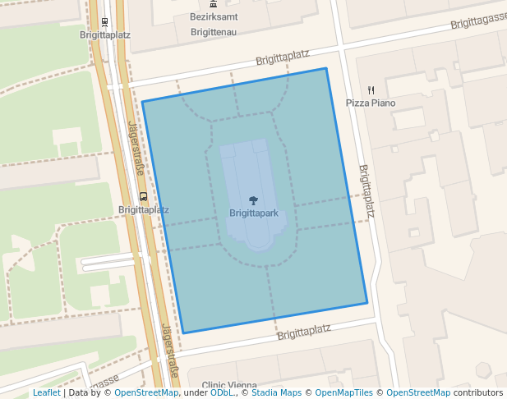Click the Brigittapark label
coord(254,213)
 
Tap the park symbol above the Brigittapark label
coord(254,200)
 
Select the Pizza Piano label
coord(370,103)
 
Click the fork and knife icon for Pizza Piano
coord(371,90)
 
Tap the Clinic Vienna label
coord(223,385)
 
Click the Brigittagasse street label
coord(478,19)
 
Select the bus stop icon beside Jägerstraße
coord(144,197)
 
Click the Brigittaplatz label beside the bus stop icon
coord(143,209)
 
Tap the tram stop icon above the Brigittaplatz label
coord(104,22)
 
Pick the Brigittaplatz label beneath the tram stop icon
coord(105,35)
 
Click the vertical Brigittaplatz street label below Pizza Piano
coord(366,191)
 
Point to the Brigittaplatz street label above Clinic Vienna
coord(303,332)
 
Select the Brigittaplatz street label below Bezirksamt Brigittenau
coord(282,57)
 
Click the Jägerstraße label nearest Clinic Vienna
coord(170,352)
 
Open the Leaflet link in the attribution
coord(46,392)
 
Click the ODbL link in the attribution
coord(221,392)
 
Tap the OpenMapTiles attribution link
coord(344,392)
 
